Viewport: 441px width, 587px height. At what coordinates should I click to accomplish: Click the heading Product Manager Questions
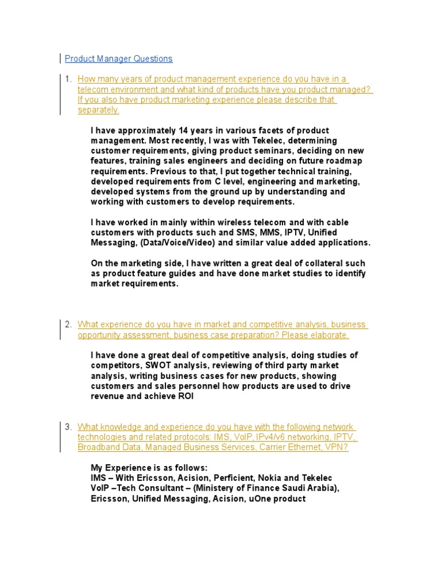click(x=118, y=58)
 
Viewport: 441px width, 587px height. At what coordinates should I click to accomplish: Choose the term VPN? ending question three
click(x=336, y=447)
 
